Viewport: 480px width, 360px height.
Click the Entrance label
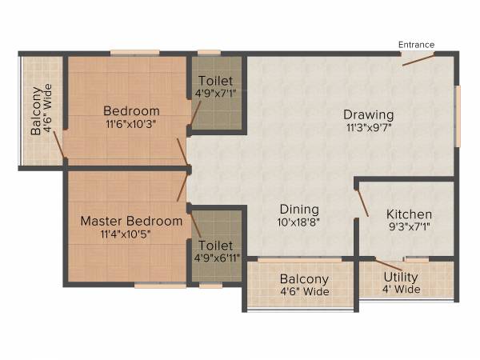pyautogui.click(x=417, y=45)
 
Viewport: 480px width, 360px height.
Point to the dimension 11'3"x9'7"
pyautogui.click(x=368, y=126)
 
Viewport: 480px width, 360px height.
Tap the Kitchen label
pyautogui.click(x=409, y=214)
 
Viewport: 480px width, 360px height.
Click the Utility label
pyautogui.click(x=401, y=277)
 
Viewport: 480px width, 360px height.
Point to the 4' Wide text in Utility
pyautogui.click(x=401, y=290)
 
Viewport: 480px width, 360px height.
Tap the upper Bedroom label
pyautogui.click(x=131, y=110)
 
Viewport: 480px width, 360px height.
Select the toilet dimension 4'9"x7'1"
pyautogui.click(x=216, y=94)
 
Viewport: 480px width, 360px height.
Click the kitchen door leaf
pyautogui.click(x=362, y=203)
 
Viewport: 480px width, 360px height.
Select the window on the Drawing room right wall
pyautogui.click(x=458, y=115)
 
